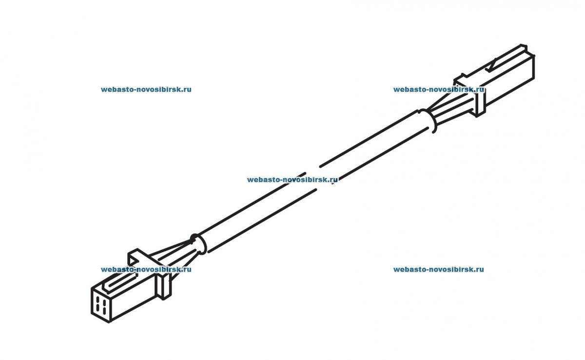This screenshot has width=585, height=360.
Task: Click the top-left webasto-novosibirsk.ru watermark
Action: [146, 90]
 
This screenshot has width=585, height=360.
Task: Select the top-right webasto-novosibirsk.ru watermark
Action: [438, 90]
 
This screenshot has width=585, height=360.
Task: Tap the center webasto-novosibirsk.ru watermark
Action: [292, 180]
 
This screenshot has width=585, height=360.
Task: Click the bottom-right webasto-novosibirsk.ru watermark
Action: [438, 269]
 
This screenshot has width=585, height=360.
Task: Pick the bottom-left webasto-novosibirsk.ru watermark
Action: [146, 269]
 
